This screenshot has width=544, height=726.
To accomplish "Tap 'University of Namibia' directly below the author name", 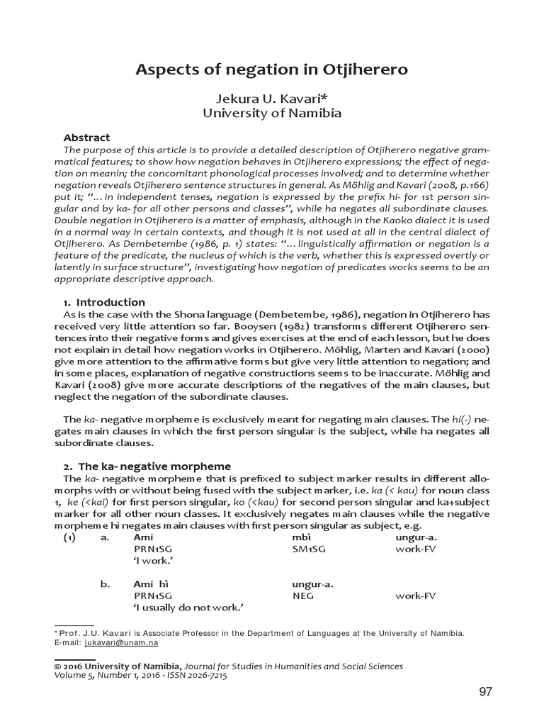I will click(271, 113).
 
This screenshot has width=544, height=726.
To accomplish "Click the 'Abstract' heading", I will click(86, 138).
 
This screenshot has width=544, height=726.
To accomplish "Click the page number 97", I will click(485, 692).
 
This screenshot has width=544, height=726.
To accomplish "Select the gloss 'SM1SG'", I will click(307, 549).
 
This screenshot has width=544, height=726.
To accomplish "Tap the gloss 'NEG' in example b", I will click(302, 596).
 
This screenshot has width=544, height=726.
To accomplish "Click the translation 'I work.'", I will click(154, 561).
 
